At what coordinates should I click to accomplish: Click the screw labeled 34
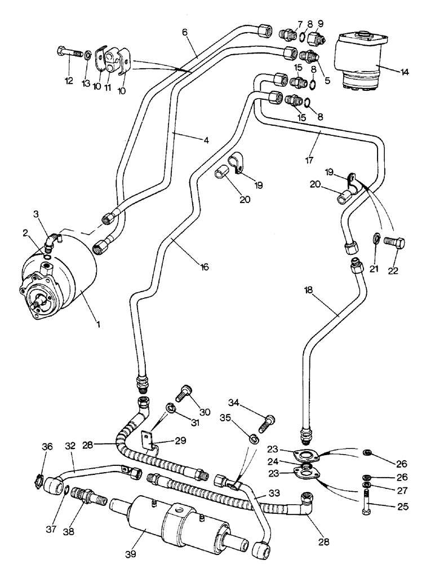point(268,422)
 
